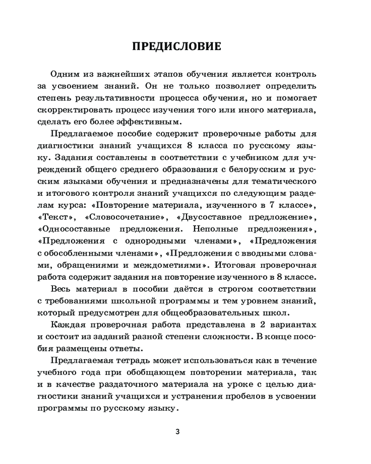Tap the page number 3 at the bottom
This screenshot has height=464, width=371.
pos(177,431)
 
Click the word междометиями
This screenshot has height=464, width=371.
pos(171,265)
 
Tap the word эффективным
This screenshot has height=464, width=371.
pos(150,122)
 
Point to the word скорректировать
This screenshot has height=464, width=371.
pos(73,110)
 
